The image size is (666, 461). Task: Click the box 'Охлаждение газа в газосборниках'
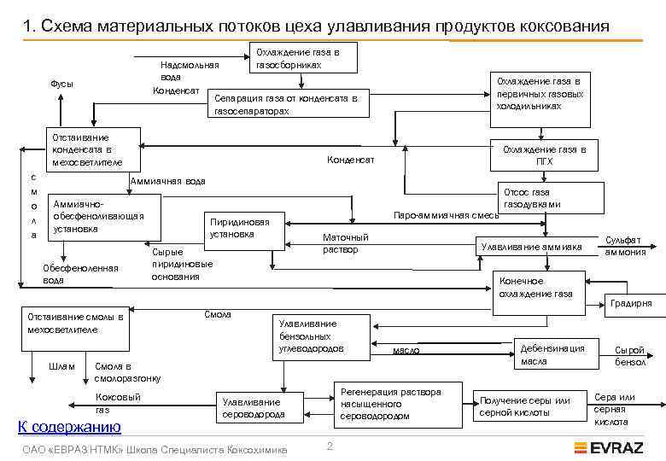point(300,57)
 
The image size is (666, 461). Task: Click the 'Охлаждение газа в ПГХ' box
point(544,154)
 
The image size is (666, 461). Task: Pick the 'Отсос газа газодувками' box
point(544,198)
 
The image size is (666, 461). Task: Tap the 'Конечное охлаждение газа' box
point(540,288)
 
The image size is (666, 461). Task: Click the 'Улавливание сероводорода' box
point(251,408)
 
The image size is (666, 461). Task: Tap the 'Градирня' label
point(630,303)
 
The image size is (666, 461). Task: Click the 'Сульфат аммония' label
point(625,246)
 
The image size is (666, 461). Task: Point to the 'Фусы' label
point(61,84)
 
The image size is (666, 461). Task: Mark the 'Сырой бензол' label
point(629,356)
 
